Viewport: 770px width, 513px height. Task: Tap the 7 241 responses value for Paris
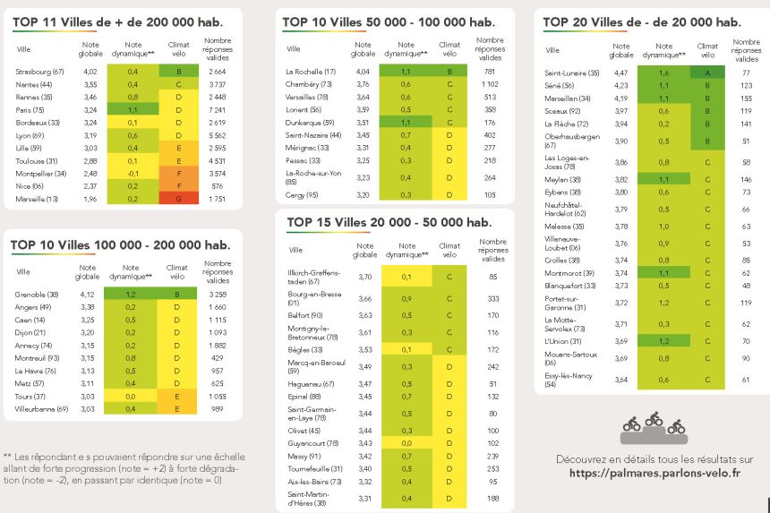pos(217,109)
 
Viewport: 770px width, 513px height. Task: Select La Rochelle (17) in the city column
pos(310,71)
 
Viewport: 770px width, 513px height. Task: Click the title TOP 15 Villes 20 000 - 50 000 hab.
pos(389,222)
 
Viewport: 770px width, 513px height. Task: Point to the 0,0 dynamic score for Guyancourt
pos(406,443)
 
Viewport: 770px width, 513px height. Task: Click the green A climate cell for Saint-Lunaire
pos(707,73)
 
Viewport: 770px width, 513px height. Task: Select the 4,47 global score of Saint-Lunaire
pos(620,73)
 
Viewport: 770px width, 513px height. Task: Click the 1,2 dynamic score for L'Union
pos(663,341)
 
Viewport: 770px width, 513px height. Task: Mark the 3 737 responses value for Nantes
pos(217,83)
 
